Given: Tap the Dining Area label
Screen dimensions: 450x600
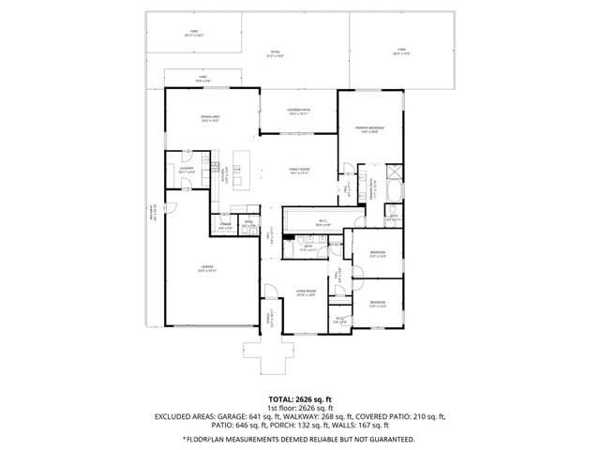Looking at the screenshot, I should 209,118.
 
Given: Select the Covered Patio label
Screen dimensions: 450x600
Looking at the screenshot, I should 299,112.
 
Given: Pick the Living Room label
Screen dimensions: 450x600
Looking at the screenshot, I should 306,292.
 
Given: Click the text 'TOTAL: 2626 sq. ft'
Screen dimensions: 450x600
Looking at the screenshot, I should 300,398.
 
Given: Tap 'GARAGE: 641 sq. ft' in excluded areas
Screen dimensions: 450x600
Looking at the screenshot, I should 262,417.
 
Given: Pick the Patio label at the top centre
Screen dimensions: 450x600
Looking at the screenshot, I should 275,54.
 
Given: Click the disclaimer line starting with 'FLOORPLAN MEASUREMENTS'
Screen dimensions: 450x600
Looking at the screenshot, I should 300,438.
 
